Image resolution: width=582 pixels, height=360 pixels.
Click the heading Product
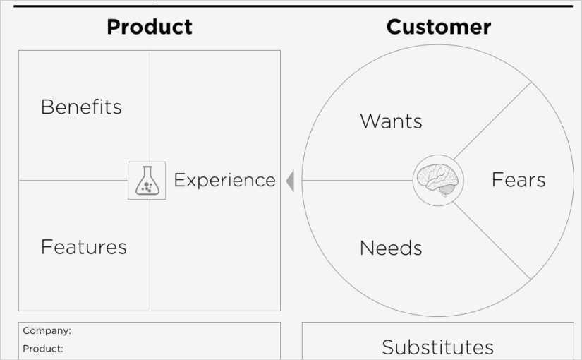149,27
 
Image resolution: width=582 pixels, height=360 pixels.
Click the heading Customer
438,27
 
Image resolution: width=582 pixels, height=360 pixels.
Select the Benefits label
81,107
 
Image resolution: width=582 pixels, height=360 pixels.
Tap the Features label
83,247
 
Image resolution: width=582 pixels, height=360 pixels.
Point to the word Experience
224,181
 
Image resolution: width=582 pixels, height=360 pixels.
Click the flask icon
147,181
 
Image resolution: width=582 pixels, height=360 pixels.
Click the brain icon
437,180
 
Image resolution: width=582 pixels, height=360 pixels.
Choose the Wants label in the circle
391,121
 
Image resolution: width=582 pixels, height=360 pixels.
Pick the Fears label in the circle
519,180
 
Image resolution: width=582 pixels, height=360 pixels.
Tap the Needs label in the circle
391,248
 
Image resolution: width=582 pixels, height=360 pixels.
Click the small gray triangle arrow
289,181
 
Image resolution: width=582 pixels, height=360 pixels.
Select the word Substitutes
437,347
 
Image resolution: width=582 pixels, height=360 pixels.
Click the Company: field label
47,330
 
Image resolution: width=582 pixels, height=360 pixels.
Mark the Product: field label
43,349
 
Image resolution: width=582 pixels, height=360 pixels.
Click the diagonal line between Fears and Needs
492,241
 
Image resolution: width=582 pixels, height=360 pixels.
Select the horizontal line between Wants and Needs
356,181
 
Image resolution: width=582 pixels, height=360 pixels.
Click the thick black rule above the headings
293,6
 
